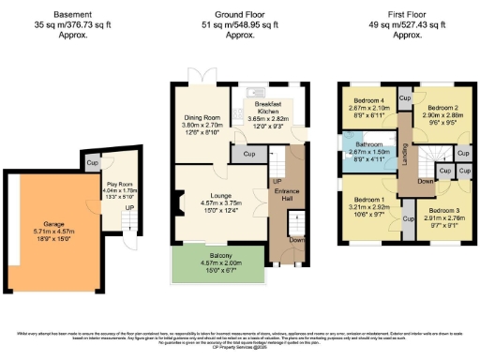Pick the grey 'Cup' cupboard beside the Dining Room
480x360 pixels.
click(x=249, y=153)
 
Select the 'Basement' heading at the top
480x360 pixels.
click(x=72, y=15)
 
